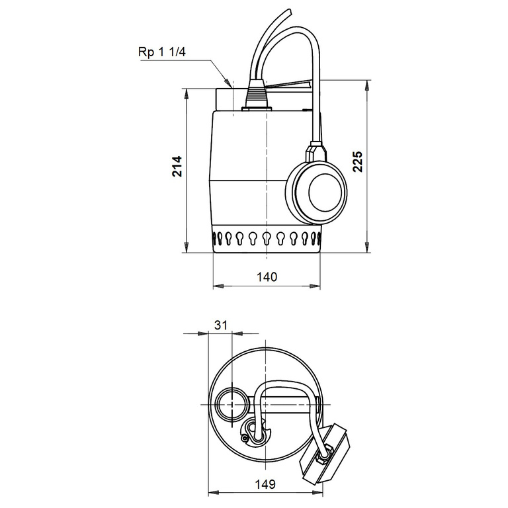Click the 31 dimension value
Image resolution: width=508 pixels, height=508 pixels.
[221, 325]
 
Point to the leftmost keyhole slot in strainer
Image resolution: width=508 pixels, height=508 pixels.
[216, 237]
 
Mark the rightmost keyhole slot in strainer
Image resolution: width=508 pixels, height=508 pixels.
[316, 237]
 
